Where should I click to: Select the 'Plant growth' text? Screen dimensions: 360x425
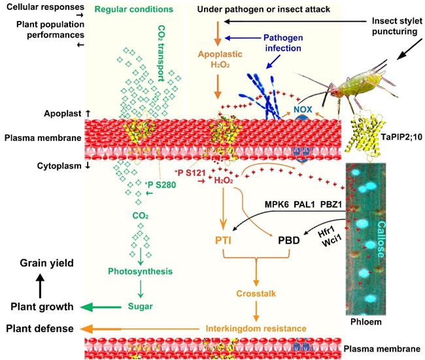(41, 306)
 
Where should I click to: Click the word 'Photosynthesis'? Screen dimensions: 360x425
(140, 270)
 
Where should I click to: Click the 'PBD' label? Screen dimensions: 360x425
(288, 240)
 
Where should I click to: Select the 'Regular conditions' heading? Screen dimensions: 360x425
(133, 10)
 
